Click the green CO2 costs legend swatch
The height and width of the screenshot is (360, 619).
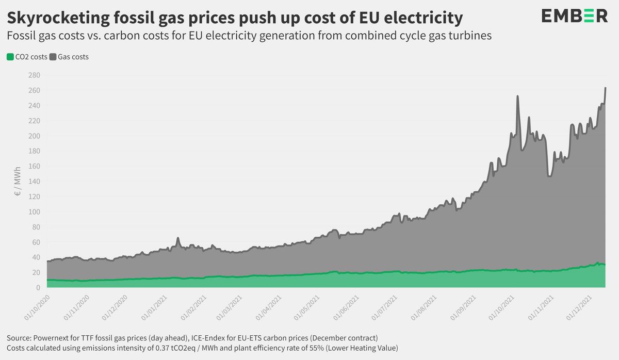pos(10,57)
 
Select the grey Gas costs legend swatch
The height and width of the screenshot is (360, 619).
pos(52,57)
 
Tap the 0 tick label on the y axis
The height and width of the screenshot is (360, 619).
pos(38,288)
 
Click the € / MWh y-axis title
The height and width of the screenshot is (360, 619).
pos(17,182)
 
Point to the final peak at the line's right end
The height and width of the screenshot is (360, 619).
pos(605,88)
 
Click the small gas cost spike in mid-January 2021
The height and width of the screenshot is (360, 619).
pos(178,238)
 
